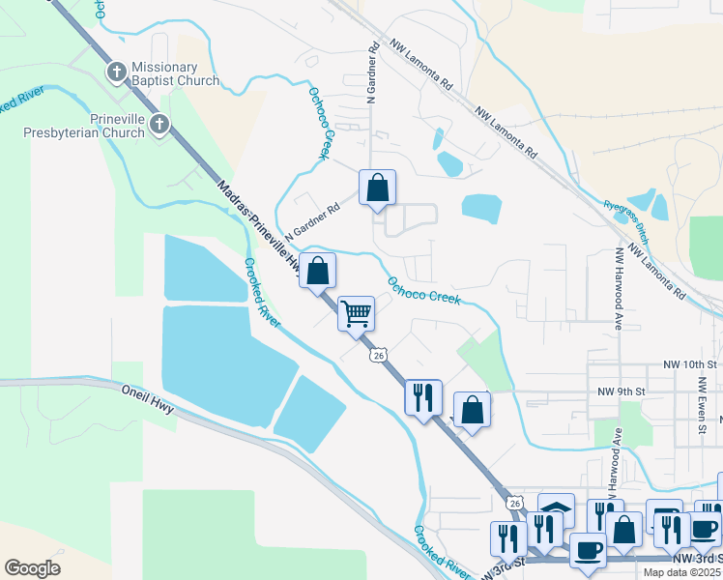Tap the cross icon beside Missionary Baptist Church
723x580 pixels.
click(116, 72)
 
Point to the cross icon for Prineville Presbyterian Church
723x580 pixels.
click(159, 124)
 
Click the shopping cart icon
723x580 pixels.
click(357, 312)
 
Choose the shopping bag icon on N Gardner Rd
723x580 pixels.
click(377, 187)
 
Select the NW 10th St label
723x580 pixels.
click(691, 364)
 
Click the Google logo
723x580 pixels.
click(32, 567)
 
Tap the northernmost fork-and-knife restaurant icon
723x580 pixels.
click(423, 396)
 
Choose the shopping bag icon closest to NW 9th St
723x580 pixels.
click(472, 409)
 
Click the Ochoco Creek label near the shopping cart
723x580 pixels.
click(423, 290)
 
